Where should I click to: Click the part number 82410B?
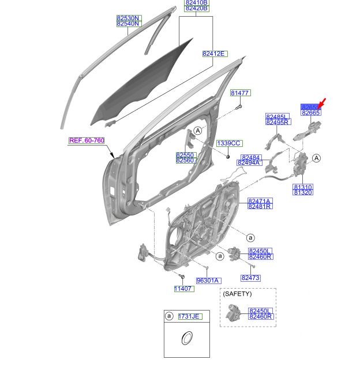coord(196,3)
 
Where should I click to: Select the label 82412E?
coord(215,54)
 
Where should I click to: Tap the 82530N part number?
coord(128,18)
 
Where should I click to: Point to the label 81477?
coord(239,93)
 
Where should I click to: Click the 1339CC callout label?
coord(228,143)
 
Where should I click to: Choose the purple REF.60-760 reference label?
coord(87,141)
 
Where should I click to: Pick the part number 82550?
coord(186,155)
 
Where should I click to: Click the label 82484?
coord(251,157)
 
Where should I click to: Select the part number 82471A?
coord(260,201)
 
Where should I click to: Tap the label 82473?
coord(251,278)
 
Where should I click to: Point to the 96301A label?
coord(208,281)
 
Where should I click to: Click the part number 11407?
coord(183,288)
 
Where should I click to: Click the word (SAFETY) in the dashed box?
coord(237,294)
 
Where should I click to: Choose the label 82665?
coord(311,113)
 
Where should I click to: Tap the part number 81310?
coord(302,187)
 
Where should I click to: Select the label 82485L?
coord(276,116)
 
